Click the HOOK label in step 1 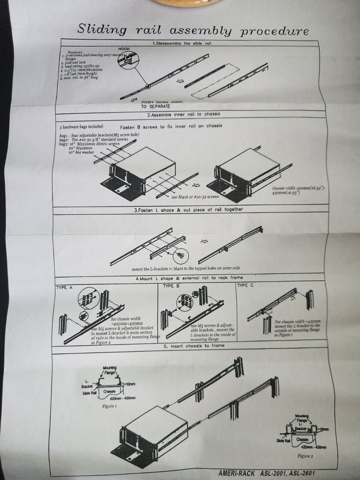click(124, 48)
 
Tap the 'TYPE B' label click(171, 286)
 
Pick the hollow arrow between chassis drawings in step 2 click(196, 184)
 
